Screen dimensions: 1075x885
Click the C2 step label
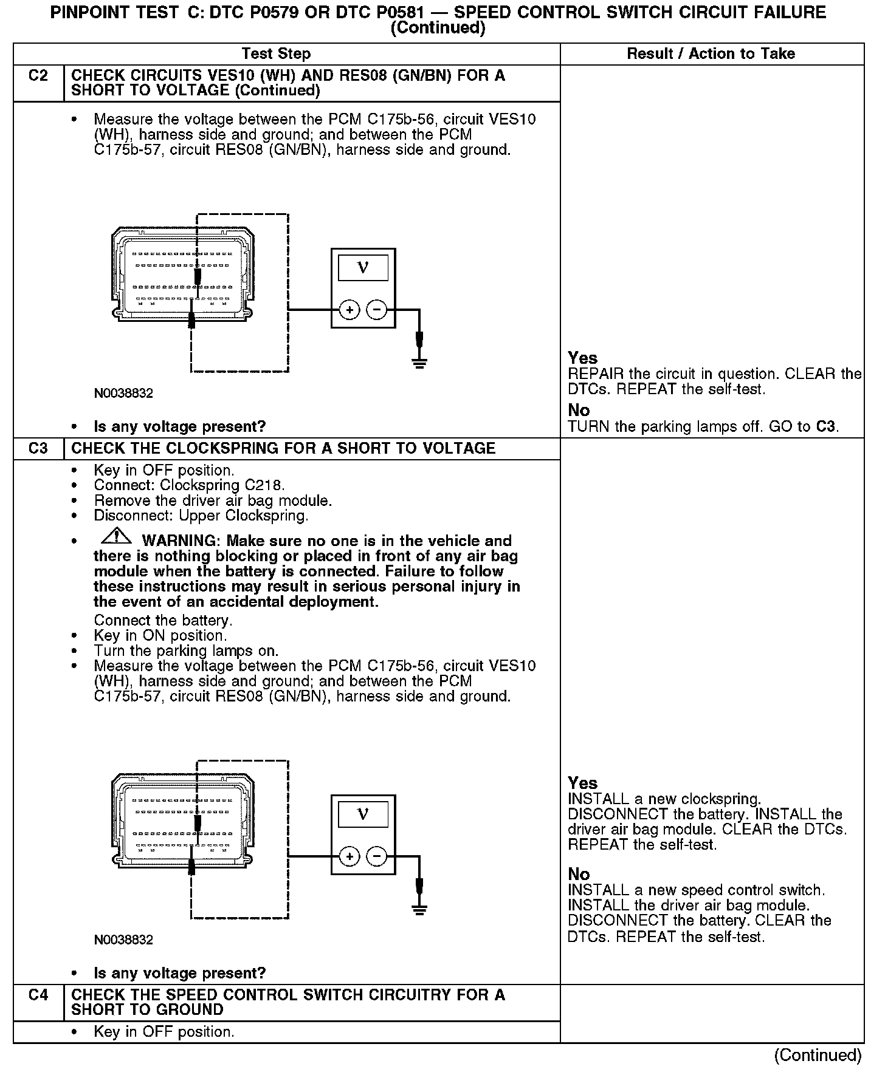[38, 76]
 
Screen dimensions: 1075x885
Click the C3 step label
[38, 448]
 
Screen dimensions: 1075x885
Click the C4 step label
[38, 995]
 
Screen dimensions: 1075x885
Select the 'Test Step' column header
[276, 53]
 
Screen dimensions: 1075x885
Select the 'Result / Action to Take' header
[711, 53]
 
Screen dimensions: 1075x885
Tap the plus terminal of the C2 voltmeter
[349, 310]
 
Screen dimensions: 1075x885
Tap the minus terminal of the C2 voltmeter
[377, 310]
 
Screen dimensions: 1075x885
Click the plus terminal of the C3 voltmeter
[349, 857]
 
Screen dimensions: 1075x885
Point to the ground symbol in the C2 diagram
[419, 363]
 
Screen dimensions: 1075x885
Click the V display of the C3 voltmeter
[363, 814]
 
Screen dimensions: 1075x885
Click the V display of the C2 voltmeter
[363, 267]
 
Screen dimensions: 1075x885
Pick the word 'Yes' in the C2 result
[582, 358]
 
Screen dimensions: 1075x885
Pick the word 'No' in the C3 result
[579, 874]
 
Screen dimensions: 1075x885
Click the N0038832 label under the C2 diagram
[123, 393]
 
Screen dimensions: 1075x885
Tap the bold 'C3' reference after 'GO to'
[825, 426]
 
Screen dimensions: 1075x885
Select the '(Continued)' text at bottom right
[818, 1055]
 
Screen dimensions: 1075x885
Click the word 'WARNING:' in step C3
[179, 541]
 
